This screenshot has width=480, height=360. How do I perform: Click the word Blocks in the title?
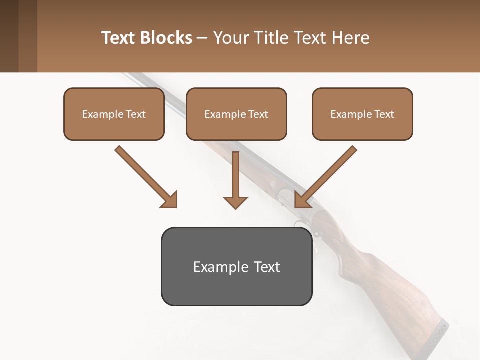pyautogui.click(x=166, y=38)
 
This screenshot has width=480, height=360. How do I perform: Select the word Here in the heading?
pyautogui.click(x=349, y=38)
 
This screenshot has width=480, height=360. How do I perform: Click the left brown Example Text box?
pyautogui.click(x=114, y=114)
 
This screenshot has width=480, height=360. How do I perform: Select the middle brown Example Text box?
pyautogui.click(x=236, y=114)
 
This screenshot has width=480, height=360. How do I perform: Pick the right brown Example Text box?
pyautogui.click(x=362, y=114)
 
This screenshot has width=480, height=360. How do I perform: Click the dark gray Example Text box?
pyautogui.click(x=236, y=267)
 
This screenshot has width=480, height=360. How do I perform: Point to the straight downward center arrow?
pyautogui.click(x=235, y=180)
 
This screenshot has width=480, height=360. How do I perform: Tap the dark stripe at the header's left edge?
pyautogui.click(x=9, y=36)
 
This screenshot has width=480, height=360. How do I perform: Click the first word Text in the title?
pyautogui.click(x=119, y=38)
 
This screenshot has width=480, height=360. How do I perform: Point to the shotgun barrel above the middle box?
pyautogui.click(x=150, y=82)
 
